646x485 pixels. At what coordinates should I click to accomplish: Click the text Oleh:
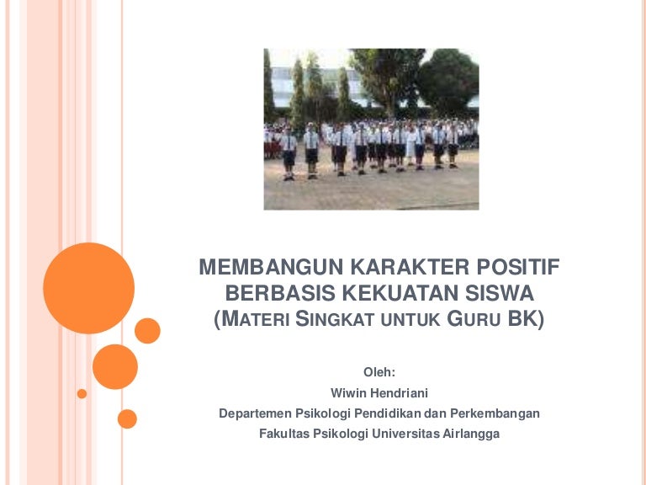point(379,371)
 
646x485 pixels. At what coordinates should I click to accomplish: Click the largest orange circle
point(88,288)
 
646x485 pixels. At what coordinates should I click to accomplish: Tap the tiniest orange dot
point(82,393)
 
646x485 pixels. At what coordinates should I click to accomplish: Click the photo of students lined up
point(371,129)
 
